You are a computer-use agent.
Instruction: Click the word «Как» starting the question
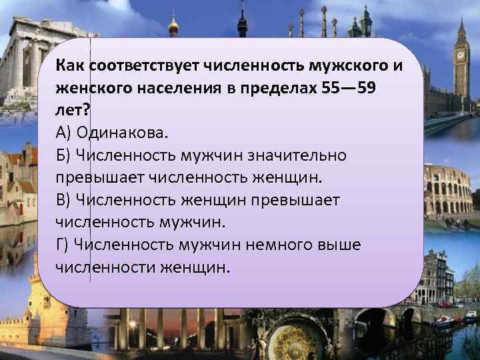point(71,66)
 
